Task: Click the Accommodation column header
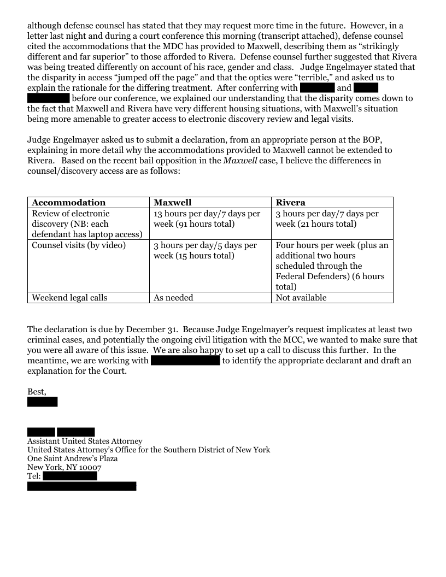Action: (69, 203)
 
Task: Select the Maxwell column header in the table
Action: (173, 203)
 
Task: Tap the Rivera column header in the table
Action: (291, 203)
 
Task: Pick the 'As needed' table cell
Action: (173, 298)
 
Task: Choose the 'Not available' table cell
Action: (301, 298)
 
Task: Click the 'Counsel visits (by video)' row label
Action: (79, 245)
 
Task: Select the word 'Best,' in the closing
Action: (37, 392)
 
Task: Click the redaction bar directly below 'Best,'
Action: (42, 402)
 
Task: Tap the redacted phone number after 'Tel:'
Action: (69, 476)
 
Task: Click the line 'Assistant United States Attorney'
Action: (85, 441)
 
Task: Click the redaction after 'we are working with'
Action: (185, 361)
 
